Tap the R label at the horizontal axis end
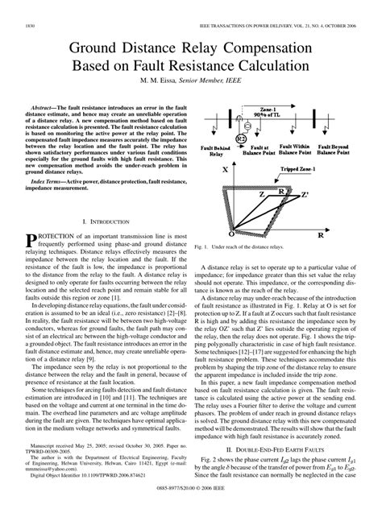(x=321, y=237)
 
